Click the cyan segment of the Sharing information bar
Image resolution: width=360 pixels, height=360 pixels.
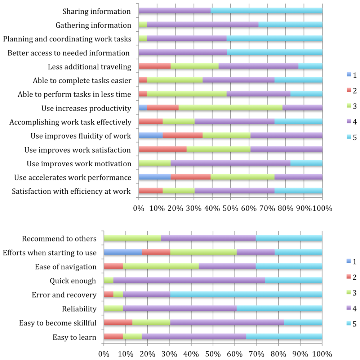tap(267, 11)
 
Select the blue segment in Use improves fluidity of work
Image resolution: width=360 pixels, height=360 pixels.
tap(151, 136)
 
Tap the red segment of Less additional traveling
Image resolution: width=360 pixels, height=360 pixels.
tap(155, 66)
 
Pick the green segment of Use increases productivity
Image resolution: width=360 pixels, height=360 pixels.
tap(231, 108)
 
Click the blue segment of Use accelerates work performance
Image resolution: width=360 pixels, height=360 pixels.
tap(155, 177)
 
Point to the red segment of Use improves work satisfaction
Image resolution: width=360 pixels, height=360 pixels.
tap(163, 149)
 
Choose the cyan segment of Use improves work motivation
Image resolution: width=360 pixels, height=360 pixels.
tap(306, 163)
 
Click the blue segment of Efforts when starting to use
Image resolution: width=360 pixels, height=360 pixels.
tap(123, 252)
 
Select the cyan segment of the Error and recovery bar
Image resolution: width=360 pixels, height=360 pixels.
tap(246, 295)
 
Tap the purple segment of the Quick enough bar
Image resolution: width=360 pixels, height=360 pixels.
tap(189, 280)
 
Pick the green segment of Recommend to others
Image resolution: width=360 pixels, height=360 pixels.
tap(132, 238)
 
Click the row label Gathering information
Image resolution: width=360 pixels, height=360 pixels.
tap(93, 25)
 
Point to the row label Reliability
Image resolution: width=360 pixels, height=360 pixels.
tap(79, 309)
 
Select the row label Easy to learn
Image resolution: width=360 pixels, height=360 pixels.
tap(75, 337)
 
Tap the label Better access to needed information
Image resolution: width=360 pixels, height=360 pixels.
tap(69, 53)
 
